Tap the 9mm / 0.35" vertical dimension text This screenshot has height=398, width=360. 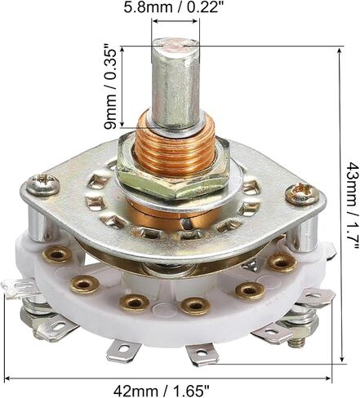[x=110, y=89]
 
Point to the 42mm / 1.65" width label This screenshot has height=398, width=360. [x=162, y=391]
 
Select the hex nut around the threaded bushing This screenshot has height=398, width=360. [x=174, y=170]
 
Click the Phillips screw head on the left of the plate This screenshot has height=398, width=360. [x=43, y=184]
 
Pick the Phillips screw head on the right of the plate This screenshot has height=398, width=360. [x=302, y=192]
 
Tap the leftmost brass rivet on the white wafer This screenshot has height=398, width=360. [x=57, y=254]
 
